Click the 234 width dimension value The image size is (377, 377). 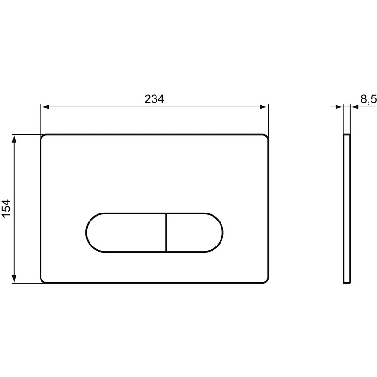(154, 99)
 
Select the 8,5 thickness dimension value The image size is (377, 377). (368, 99)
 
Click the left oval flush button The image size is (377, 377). (126, 232)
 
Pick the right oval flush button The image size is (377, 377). (193, 232)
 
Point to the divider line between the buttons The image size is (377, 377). (166, 232)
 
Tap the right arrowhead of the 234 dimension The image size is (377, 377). (265, 107)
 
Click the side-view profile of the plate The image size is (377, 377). (347, 209)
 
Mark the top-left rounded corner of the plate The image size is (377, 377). (43, 137)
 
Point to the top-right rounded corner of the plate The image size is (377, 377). (266, 137)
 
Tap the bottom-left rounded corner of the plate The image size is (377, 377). (43, 281)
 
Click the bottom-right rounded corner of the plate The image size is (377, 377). (266, 281)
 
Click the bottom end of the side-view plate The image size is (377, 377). (347, 282)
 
